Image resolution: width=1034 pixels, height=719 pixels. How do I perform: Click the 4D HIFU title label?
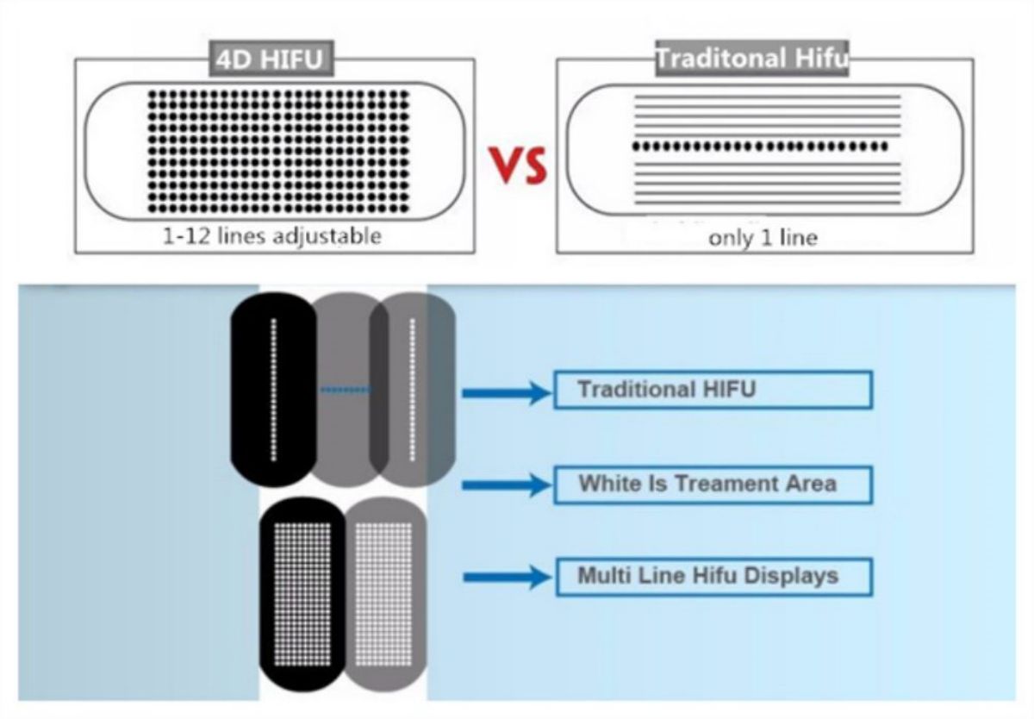(271, 59)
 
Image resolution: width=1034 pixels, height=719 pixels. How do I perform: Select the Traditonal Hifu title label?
(752, 58)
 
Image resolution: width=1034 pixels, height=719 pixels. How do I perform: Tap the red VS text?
(519, 166)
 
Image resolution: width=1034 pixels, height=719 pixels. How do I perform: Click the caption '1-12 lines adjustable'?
(272, 236)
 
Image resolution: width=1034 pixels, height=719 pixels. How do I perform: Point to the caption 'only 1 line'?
(763, 238)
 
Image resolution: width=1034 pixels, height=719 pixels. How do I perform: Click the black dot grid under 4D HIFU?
(278, 152)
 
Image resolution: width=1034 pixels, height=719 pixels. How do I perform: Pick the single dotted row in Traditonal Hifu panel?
(760, 147)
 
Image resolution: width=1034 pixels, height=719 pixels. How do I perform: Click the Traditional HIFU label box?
(713, 390)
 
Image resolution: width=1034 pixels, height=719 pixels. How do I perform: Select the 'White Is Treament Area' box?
(713, 485)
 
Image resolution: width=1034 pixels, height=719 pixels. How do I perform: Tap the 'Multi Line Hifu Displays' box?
(714, 577)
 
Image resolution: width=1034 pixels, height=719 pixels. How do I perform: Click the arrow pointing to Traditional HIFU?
(507, 393)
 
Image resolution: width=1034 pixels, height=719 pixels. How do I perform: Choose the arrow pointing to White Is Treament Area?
(507, 485)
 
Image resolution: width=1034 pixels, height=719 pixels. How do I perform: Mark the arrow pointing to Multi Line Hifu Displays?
(507, 578)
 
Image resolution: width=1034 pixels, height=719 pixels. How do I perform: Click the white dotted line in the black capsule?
(274, 390)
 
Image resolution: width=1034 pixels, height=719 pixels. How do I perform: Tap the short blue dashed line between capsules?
(346, 391)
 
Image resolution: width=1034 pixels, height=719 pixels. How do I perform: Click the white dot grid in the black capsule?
(302, 594)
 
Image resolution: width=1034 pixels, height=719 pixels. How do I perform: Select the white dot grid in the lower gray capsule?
(383, 594)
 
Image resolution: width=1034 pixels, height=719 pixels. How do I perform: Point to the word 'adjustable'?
(327, 237)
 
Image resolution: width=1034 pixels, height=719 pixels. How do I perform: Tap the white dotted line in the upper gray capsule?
(412, 390)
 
